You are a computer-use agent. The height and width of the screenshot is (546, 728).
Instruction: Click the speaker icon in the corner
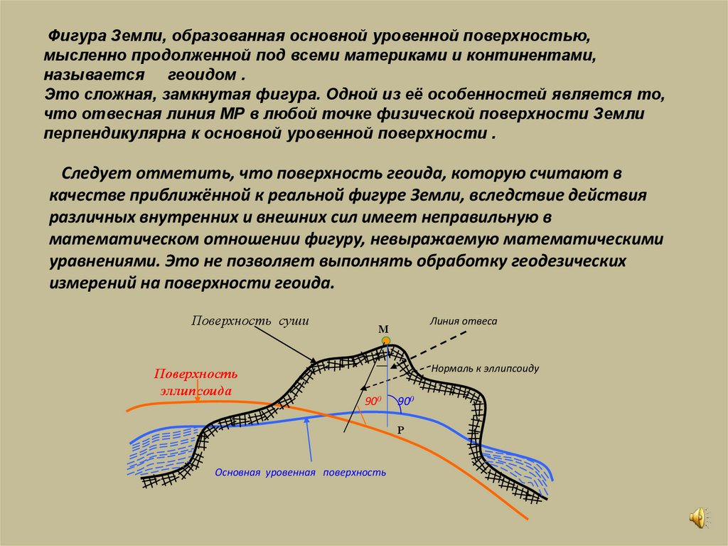(x=699, y=517)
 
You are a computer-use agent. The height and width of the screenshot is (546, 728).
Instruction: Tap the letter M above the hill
(x=383, y=330)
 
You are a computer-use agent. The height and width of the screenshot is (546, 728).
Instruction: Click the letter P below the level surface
(x=400, y=431)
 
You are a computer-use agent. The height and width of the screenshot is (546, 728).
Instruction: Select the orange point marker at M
(x=386, y=341)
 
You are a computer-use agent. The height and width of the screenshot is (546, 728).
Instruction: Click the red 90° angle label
(x=371, y=402)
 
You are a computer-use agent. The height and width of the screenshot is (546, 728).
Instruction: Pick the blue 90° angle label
(x=405, y=401)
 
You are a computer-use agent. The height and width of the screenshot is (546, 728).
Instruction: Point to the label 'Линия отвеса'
(x=463, y=321)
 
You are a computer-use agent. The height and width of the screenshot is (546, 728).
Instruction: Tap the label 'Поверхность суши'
(x=250, y=320)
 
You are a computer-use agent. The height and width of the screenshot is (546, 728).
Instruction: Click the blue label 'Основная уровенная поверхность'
(x=300, y=472)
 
